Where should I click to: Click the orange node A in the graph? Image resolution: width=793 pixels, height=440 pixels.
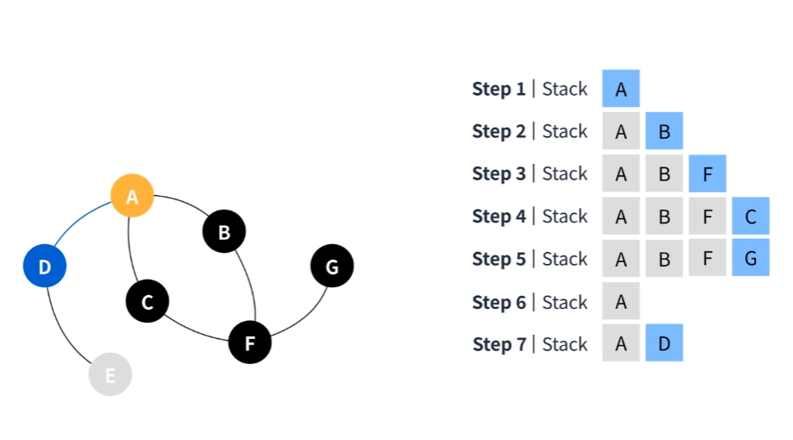(132, 196)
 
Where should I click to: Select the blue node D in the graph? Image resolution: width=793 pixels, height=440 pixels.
(45, 266)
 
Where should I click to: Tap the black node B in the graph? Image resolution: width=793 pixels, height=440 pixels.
(224, 231)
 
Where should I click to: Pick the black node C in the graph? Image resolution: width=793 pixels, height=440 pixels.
(147, 301)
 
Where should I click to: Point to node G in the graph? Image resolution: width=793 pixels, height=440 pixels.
(332, 266)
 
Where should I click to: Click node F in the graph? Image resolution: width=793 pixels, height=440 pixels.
(250, 343)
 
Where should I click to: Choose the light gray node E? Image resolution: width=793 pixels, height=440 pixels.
(110, 374)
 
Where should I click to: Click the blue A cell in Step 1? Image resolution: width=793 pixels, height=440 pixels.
(621, 89)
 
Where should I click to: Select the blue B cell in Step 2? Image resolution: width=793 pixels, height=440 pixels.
(664, 131)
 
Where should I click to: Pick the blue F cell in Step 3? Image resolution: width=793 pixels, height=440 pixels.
(707, 173)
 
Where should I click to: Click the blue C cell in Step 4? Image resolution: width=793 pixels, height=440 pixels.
(751, 217)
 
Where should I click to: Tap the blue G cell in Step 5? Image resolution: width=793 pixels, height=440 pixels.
(751, 258)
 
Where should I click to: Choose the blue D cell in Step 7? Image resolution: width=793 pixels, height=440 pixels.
(664, 343)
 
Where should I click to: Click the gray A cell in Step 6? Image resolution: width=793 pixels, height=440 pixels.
(621, 301)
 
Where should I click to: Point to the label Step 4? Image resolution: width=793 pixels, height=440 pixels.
(499, 217)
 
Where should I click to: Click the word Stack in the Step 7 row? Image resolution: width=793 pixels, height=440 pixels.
(565, 344)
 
